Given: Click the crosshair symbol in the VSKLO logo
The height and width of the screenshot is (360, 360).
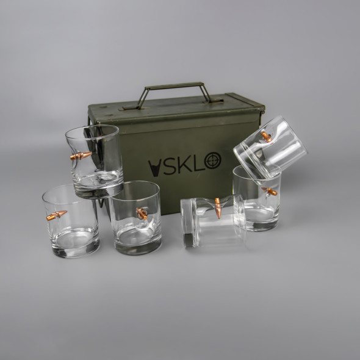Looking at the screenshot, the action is (x=212, y=160).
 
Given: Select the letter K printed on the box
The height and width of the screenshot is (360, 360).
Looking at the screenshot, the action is (x=184, y=164).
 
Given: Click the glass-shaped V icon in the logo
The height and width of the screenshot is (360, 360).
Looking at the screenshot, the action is (x=154, y=168).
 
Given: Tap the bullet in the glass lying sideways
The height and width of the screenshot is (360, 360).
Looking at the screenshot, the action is (x=218, y=208).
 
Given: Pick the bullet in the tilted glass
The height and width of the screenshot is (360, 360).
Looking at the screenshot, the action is (x=266, y=137).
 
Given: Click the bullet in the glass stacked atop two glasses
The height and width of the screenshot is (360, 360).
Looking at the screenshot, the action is (x=81, y=156).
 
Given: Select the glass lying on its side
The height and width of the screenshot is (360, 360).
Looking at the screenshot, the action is (x=213, y=221).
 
